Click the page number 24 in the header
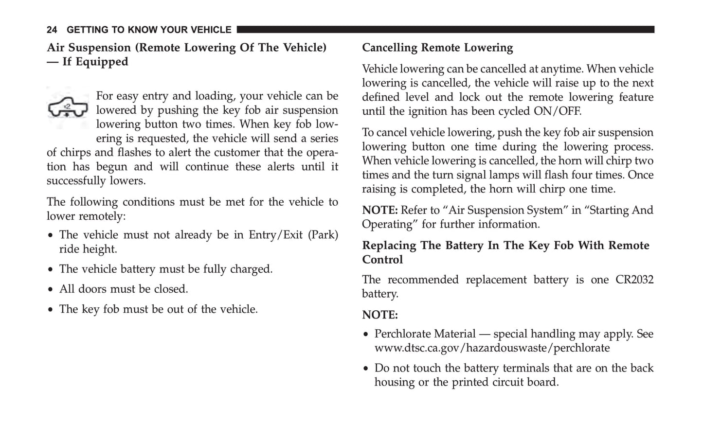point(52,30)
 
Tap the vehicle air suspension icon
point(68,108)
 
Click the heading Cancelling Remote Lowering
point(437,48)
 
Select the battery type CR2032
point(634,280)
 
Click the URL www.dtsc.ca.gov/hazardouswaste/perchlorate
point(492,348)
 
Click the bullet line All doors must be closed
point(123,289)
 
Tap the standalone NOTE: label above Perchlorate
point(379,315)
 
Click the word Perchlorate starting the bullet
point(400,334)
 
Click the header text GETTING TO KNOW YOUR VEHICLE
point(149,30)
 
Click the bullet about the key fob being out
point(158,309)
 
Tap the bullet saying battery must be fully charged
point(165,269)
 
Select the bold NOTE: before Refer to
point(379,211)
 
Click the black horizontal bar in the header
point(445,30)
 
